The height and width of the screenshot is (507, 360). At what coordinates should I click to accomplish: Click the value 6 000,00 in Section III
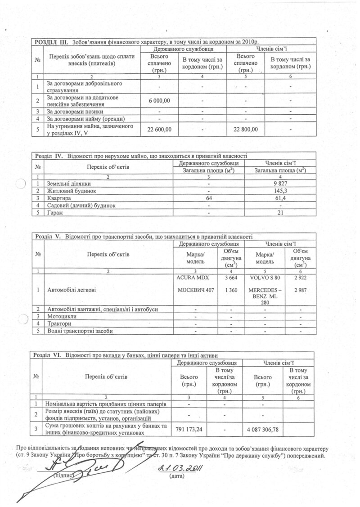tap(159, 100)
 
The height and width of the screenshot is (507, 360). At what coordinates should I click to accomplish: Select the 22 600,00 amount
tap(159, 130)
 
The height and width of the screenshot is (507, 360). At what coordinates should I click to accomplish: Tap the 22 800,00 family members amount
tap(246, 130)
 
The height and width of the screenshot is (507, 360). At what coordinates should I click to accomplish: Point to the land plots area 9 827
tap(280, 184)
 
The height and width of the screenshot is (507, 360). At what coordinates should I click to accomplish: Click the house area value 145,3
tap(280, 191)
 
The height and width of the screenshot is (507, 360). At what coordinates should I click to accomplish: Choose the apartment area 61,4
tap(280, 198)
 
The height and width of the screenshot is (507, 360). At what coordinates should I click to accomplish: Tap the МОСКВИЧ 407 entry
tap(195, 291)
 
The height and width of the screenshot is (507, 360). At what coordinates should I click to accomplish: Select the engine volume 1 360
tap(231, 291)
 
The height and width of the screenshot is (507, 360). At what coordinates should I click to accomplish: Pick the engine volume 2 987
tap(300, 291)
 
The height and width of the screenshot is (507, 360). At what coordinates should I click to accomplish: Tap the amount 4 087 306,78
tap(263, 430)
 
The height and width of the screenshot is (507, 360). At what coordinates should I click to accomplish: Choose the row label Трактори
tap(60, 323)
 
